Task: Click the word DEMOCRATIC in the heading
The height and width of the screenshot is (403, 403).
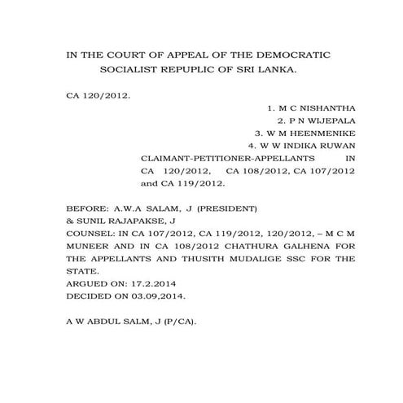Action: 296,55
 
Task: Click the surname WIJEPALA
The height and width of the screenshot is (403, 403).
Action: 325,120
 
